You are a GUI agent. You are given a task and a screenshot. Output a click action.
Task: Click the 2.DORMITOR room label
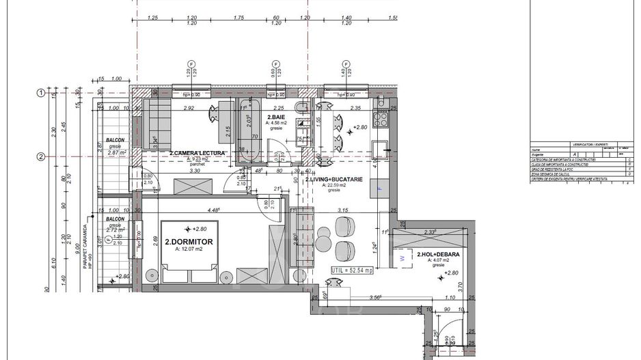[189, 242]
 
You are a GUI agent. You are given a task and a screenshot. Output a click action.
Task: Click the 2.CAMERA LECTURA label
[197, 153]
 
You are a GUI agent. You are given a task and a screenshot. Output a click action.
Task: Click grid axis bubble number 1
[41, 93]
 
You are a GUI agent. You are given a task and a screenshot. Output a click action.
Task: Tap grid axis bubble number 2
[41, 156]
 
